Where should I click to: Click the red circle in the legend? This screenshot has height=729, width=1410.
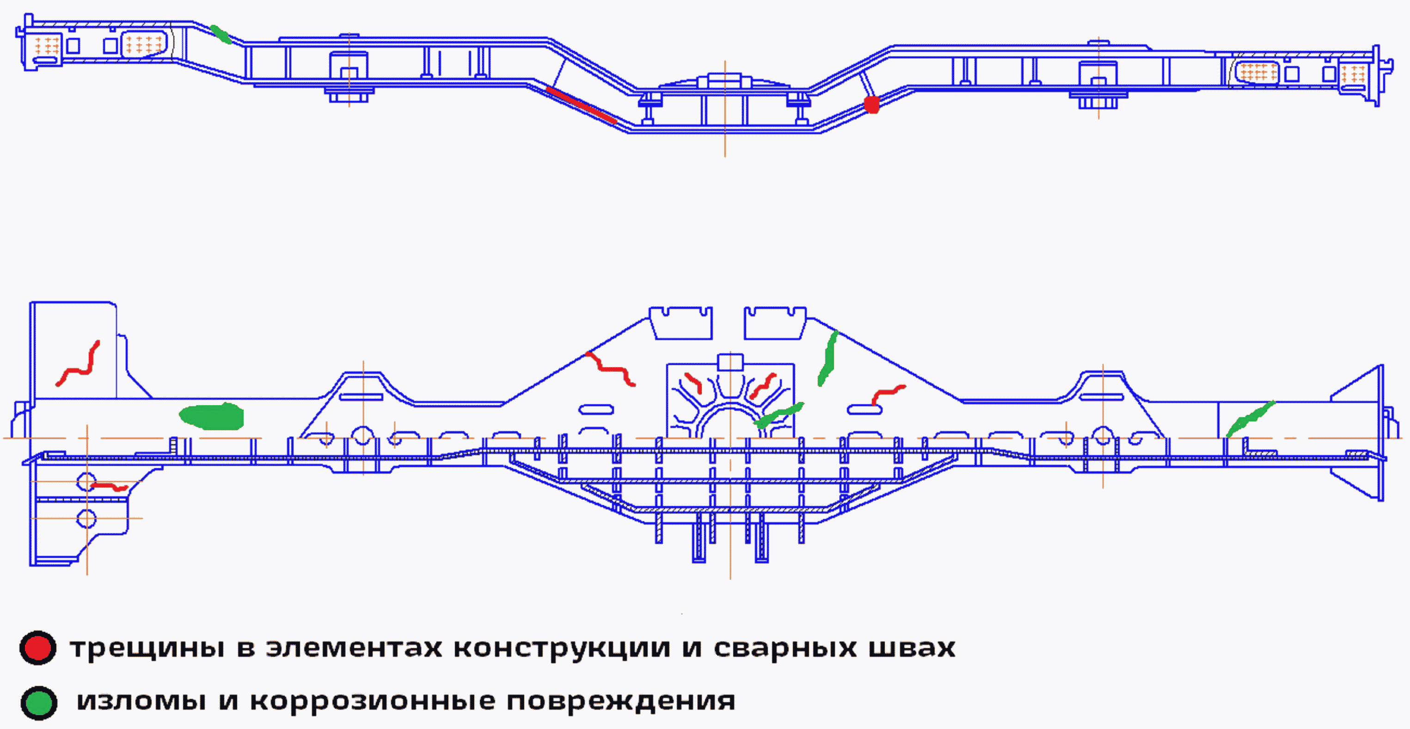point(38,648)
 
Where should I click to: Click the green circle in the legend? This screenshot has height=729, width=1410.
point(39,702)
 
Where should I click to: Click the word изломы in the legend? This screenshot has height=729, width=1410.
point(141,702)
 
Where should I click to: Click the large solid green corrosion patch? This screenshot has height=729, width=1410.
point(212,417)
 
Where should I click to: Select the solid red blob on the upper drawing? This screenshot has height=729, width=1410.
point(871,104)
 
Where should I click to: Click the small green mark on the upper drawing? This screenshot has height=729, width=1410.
point(221,34)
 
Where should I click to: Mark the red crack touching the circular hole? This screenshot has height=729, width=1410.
point(110,486)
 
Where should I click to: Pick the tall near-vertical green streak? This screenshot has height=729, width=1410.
point(828,359)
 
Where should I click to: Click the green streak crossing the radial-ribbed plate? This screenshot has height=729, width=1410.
point(778,415)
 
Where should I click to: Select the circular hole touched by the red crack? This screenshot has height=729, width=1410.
point(86,482)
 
